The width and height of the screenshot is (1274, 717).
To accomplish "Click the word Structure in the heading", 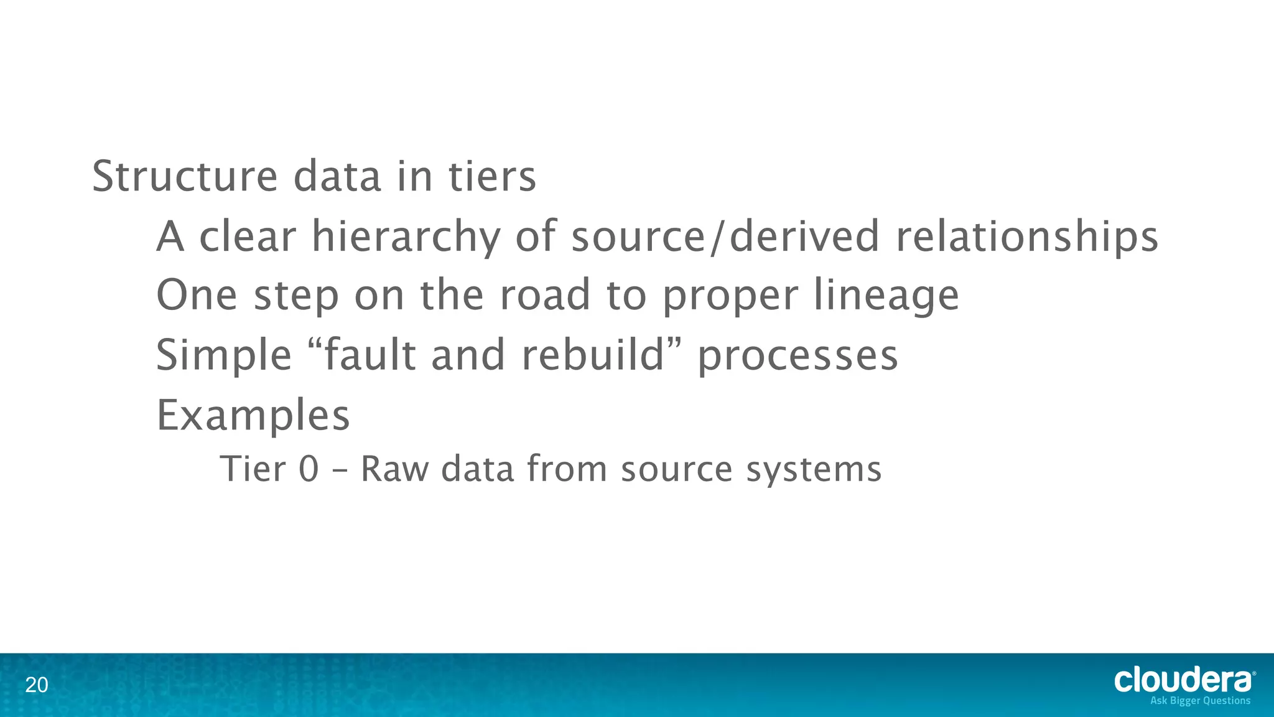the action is click(x=185, y=177).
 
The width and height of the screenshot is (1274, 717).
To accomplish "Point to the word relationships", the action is click(x=1026, y=237).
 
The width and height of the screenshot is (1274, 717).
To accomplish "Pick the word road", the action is click(x=545, y=295).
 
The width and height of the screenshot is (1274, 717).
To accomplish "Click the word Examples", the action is click(x=253, y=416).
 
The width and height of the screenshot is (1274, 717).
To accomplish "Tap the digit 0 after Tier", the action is click(x=309, y=469).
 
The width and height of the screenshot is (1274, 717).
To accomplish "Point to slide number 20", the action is click(x=36, y=685).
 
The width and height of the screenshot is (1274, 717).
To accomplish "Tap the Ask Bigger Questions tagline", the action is click(x=1200, y=701).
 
